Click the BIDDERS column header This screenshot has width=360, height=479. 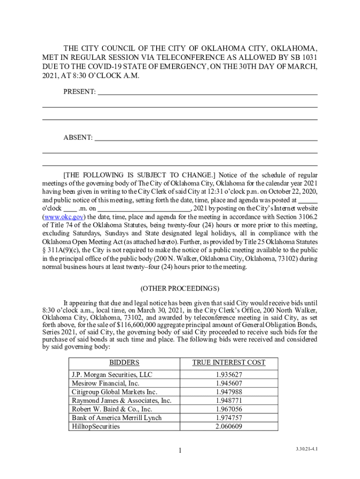click(124, 363)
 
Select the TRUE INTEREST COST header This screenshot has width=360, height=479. click(229, 363)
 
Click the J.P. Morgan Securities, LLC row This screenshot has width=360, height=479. click(112, 375)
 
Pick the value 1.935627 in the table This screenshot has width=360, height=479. click(229, 375)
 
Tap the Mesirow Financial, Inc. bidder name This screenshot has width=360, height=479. click(105, 384)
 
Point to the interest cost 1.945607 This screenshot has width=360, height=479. click(229, 384)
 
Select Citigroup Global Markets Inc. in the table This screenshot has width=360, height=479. click(114, 392)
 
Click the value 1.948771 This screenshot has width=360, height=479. click(229, 400)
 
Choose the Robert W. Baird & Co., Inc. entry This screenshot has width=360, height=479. click(112, 409)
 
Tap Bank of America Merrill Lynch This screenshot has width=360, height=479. click(116, 418)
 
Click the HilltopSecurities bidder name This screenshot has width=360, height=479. click(95, 426)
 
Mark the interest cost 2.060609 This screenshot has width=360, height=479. click(229, 426)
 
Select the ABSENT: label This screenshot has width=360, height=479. click(78, 138)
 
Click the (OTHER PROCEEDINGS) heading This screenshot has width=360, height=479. click(180, 288)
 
